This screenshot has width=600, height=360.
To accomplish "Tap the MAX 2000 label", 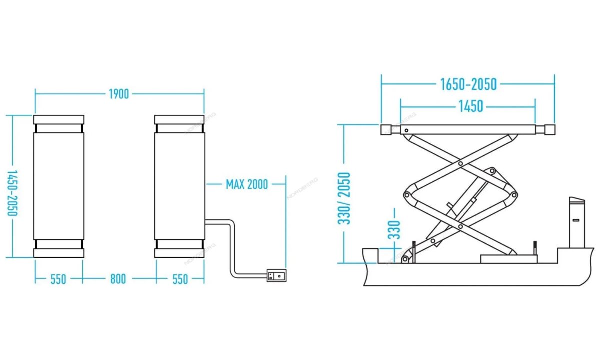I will [247, 184].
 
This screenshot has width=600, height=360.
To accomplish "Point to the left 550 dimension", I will [58, 279].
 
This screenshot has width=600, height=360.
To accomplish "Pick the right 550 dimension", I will [180, 279].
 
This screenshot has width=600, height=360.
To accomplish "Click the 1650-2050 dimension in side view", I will [468, 84].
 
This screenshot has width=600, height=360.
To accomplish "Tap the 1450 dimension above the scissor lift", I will [468, 106].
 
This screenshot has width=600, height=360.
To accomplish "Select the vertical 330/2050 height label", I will [344, 198].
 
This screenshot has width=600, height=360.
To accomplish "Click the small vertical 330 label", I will [395, 230].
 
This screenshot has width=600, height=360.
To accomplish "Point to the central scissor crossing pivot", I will [459, 195].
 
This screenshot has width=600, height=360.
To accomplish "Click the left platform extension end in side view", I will [388, 130].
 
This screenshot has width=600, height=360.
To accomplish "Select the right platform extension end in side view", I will [548, 130].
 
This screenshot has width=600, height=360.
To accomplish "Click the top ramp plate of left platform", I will [59, 120].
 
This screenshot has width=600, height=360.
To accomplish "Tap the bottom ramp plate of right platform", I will [179, 253].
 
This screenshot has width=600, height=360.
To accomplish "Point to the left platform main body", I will [59, 186].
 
